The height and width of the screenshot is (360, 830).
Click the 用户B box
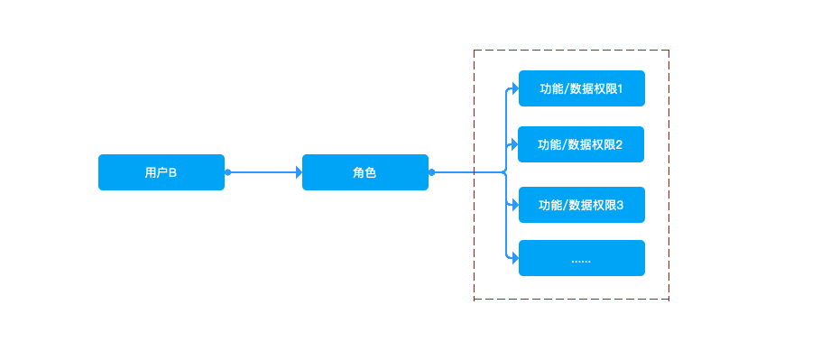161,172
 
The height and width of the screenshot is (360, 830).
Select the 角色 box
365,172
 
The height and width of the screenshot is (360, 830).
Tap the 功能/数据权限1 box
582,88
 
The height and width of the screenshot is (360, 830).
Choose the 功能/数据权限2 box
581,144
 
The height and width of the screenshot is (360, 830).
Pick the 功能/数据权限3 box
582,205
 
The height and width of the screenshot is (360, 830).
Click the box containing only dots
582,258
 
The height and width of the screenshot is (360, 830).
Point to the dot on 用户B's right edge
227,172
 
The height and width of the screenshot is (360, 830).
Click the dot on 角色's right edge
431,172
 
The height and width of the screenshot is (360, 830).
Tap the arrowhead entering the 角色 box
300,172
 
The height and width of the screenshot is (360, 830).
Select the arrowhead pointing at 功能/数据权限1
515,88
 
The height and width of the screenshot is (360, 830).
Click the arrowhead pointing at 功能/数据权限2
514,144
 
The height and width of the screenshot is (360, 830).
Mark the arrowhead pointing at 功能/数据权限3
515,205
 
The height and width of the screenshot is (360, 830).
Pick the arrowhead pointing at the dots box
515,258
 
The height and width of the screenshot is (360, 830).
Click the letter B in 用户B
172,172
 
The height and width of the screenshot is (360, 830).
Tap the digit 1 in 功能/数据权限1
620,89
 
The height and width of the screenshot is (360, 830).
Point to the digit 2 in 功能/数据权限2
619,144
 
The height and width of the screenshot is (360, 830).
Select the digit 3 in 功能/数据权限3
620,206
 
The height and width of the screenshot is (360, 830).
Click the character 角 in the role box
359,172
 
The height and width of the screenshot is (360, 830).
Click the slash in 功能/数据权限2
564,144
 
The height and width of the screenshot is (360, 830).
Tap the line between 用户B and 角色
263,172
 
